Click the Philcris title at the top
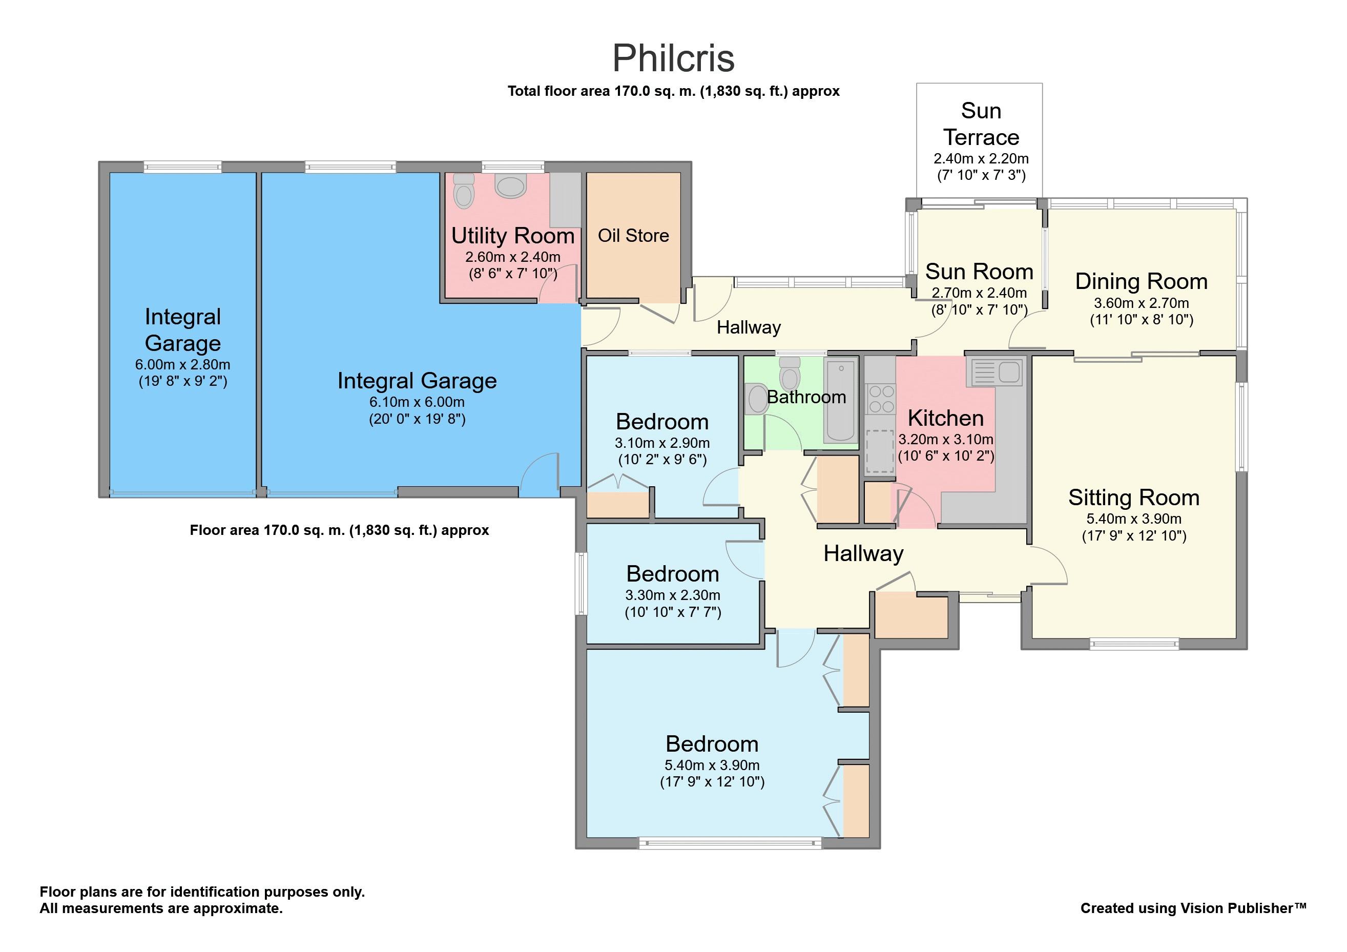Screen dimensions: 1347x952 [673, 58]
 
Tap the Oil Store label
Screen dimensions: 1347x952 [634, 235]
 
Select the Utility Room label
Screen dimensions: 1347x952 [513, 235]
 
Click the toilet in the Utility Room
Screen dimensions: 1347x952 [464, 191]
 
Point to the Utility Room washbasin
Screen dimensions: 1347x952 [510, 185]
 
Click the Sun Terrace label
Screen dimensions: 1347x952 [981, 124]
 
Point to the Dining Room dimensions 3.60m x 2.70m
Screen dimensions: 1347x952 [1142, 303]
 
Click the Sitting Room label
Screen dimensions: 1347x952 [1134, 498]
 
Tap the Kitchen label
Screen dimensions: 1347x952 [946, 418]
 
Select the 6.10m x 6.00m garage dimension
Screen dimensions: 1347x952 [417, 402]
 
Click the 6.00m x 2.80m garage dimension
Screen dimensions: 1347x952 [183, 364]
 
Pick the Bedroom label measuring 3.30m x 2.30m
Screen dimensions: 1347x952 [672, 574]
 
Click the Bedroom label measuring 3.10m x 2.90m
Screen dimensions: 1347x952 [662, 422]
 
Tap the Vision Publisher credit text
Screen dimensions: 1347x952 [1193, 908]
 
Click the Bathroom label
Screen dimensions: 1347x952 [806, 397]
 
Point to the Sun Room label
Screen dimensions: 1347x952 [979, 272]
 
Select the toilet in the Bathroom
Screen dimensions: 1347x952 [790, 372]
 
